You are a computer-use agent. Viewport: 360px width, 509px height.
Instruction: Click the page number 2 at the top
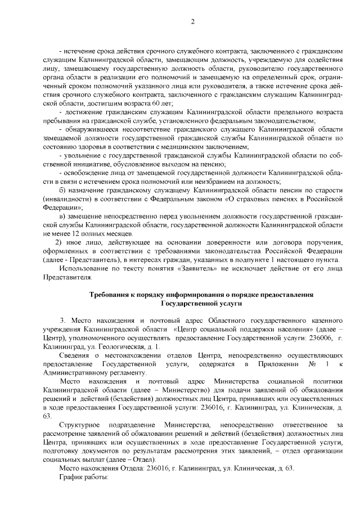192,22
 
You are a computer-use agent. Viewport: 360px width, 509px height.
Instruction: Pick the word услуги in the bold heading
228,303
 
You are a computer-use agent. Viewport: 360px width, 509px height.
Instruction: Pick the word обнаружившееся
92,129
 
